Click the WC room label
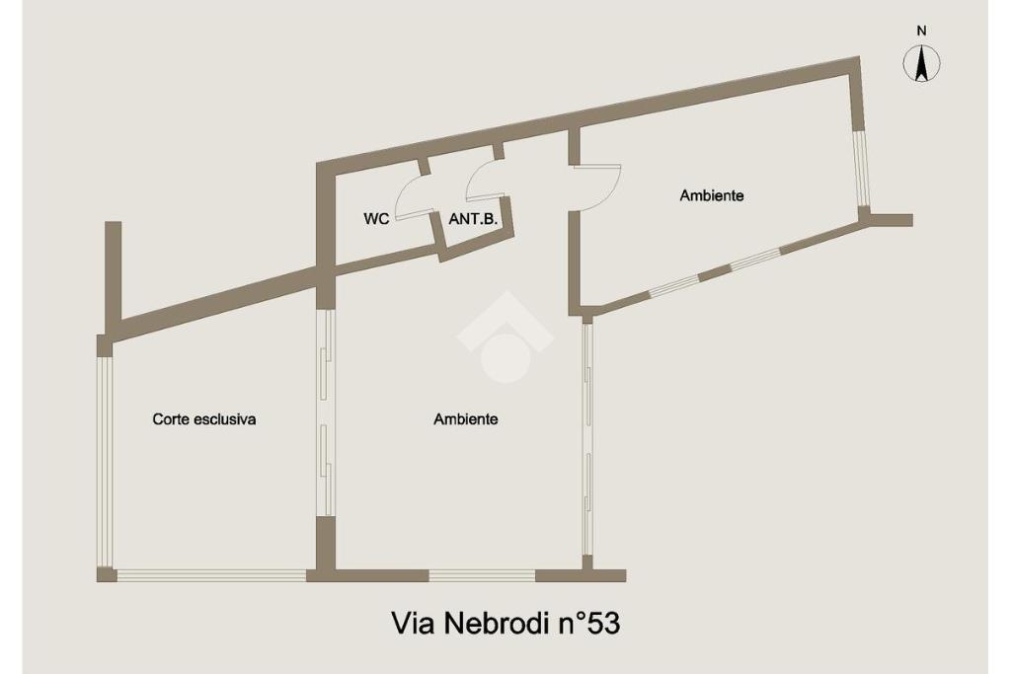[x=376, y=220]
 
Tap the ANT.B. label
[x=471, y=220]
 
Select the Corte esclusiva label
[x=204, y=418]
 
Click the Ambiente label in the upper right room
[x=711, y=195]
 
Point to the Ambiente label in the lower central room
[x=465, y=418]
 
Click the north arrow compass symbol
[x=921, y=65]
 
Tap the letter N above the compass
[x=921, y=31]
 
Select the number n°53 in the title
[x=592, y=624]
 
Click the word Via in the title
[x=412, y=624]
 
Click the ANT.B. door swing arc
[x=484, y=180]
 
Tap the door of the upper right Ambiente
[x=598, y=186]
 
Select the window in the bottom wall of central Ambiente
[x=483, y=575]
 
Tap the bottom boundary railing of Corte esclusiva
[x=211, y=575]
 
